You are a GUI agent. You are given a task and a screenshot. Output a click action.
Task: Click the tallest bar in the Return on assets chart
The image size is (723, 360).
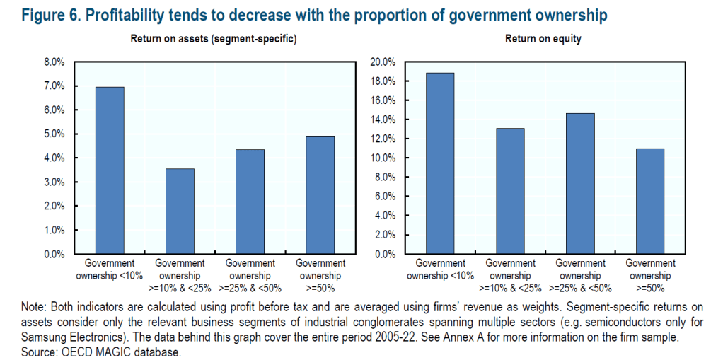[110, 170]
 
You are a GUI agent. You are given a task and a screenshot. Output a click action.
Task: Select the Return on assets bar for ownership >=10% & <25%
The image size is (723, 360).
[180, 211]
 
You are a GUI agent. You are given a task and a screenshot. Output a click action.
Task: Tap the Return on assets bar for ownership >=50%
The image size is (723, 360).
[320, 194]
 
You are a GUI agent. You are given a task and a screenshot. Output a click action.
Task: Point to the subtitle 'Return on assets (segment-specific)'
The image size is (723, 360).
[213, 40]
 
